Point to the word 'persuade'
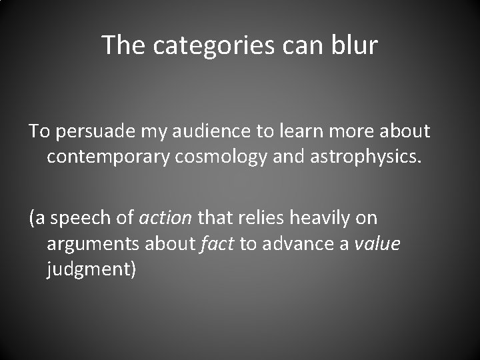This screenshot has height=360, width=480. click(x=89, y=131)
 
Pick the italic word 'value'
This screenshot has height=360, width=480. click(x=377, y=245)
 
